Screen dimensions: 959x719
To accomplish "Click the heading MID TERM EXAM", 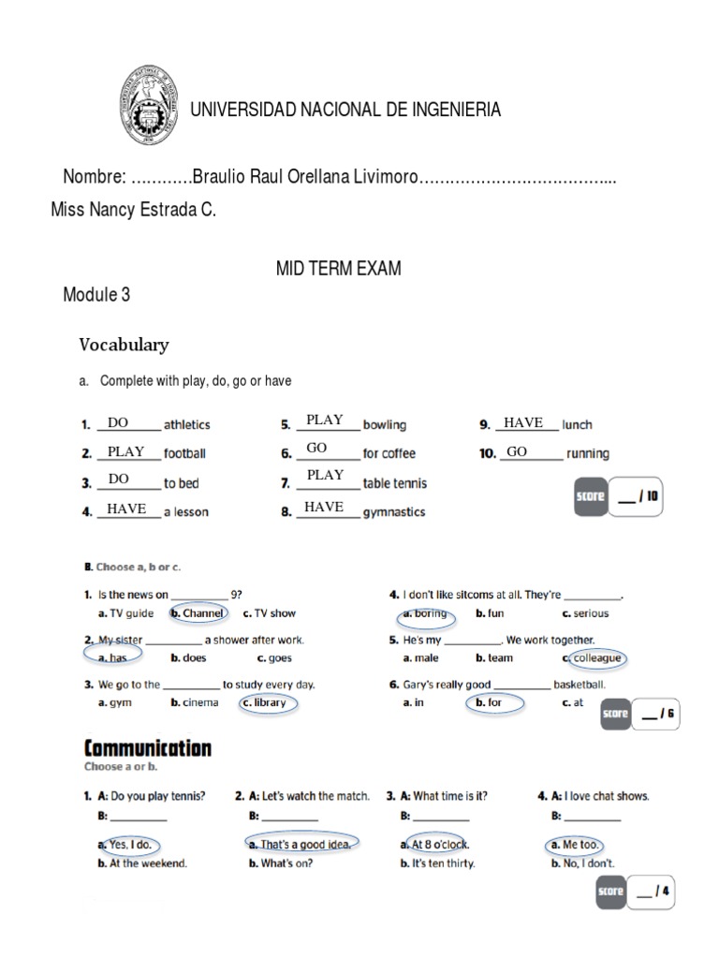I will point(338,269).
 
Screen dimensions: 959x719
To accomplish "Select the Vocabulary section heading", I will point(124,345).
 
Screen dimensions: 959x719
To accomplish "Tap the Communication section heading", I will point(148,747).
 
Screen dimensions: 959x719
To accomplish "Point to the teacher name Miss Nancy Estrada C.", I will point(133,211).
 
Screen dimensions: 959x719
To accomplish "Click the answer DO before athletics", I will point(118,423).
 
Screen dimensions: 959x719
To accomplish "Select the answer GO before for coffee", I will point(316,449).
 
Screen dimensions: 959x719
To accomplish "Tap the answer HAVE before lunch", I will point(523,423).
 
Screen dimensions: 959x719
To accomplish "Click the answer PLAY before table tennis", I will point(325,475).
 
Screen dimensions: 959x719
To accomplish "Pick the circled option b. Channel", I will point(198,613).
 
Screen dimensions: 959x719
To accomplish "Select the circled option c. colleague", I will point(593,657).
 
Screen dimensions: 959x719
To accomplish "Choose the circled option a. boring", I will point(425,613).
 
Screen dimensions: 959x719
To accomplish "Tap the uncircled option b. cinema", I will point(195,702).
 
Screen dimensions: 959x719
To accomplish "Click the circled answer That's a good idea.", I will point(301,844).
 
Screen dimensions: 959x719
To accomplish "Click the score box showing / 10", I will point(619,497).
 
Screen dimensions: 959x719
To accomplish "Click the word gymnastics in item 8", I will point(394,512).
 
